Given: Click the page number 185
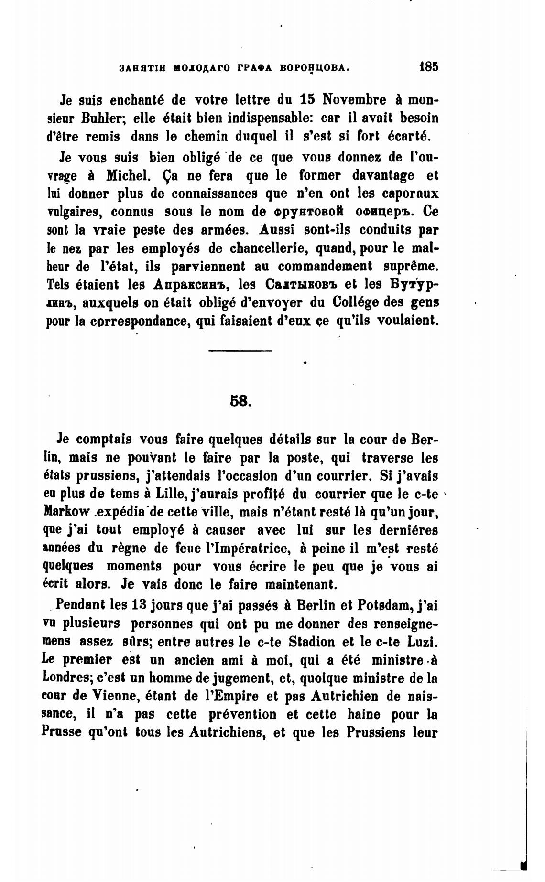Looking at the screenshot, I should tap(427, 66).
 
